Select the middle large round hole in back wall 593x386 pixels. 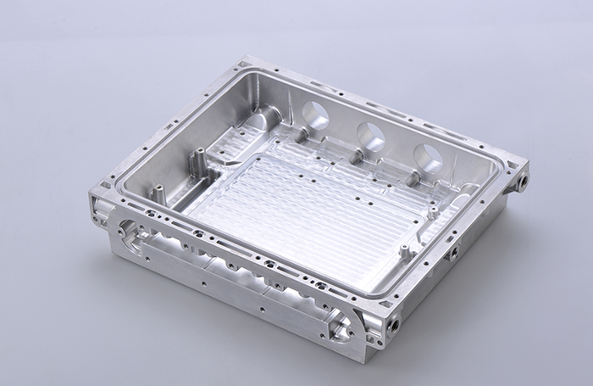(371, 135)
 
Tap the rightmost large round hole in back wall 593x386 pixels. (427, 156)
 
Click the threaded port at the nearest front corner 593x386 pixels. (392, 325)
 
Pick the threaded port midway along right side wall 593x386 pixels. (455, 253)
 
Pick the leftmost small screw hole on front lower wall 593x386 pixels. (147, 253)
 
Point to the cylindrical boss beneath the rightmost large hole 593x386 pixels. (415, 179)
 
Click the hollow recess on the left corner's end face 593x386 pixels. (99, 209)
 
